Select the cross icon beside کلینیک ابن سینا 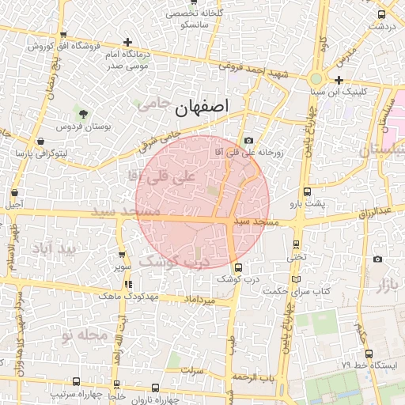pyautogui.click(x=339, y=80)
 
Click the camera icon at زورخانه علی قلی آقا pyautogui.click(x=249, y=140)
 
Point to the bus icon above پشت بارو pyautogui.click(x=307, y=191)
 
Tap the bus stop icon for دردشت pyautogui.click(x=382, y=13)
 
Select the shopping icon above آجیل pyautogui.click(x=15, y=191)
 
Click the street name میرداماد pyautogui.click(x=199, y=301)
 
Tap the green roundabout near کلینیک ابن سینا pyautogui.click(x=316, y=79)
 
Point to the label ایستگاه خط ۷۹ pyautogui.click(x=369, y=365)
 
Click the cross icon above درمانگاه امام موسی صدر pyautogui.click(x=128, y=41)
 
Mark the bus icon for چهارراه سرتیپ pyautogui.click(x=75, y=381)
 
